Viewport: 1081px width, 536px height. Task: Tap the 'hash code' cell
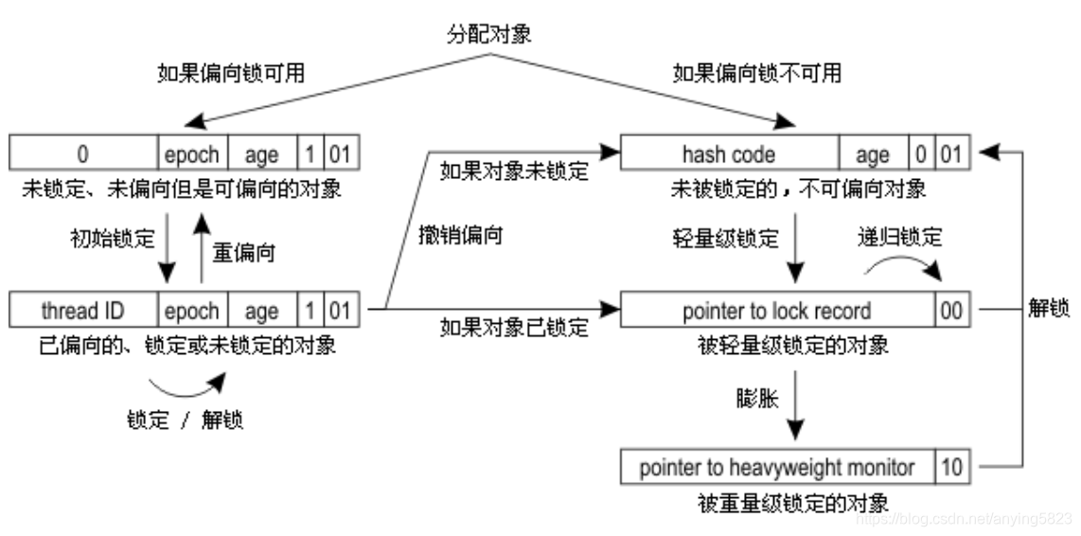[728, 153]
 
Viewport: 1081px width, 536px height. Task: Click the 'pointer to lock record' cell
[776, 311]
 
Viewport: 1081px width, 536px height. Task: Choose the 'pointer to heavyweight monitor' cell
[776, 467]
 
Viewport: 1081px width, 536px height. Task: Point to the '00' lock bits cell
[951, 311]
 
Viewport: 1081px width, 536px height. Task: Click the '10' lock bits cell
[951, 467]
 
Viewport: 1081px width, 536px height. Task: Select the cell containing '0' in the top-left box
[82, 153]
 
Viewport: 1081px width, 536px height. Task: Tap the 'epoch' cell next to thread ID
[193, 311]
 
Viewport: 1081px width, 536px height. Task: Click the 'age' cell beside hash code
[872, 153]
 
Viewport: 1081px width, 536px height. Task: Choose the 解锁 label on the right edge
[1048, 310]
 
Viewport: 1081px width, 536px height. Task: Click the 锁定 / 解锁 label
[185, 420]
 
